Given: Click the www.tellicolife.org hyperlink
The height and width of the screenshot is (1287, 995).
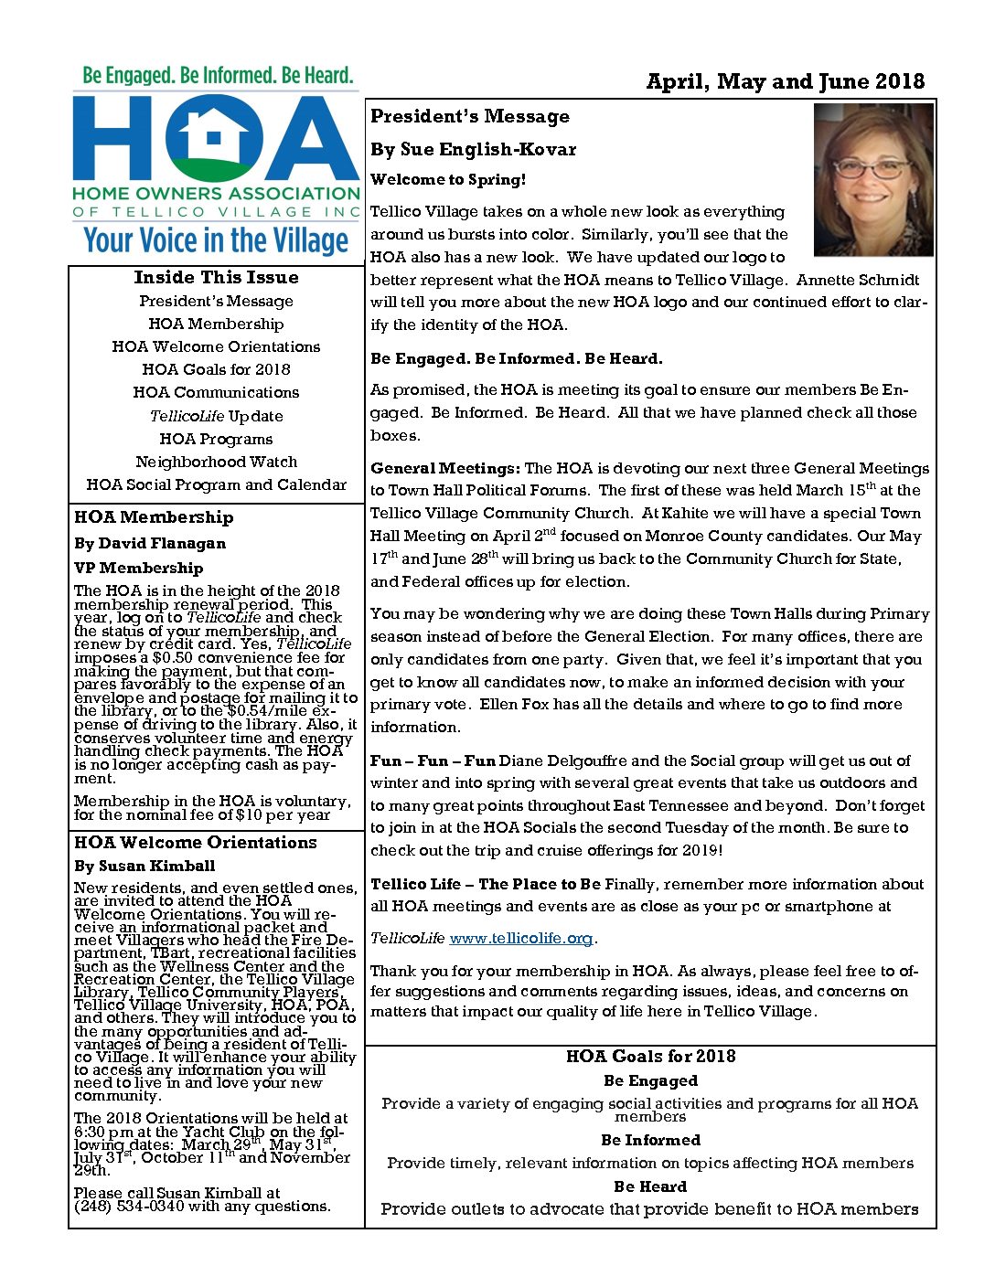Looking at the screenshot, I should coord(521,939).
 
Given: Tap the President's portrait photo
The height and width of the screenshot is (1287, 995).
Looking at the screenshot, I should coord(873,180).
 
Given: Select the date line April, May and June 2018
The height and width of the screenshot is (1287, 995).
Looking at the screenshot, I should coord(785,81).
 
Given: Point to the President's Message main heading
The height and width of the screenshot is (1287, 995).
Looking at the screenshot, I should coord(470,117).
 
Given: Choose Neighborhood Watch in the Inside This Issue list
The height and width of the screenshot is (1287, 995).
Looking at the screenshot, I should coord(217,462).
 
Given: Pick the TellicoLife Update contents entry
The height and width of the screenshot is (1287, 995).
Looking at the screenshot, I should coord(217,416).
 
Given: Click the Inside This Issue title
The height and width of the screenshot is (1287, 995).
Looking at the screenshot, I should coord(217,278).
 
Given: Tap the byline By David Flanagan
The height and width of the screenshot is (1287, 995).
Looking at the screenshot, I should coord(150,543).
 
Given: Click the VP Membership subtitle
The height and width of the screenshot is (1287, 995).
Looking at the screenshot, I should coord(139,568).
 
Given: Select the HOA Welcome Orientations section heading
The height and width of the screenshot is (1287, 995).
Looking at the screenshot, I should coord(196,843).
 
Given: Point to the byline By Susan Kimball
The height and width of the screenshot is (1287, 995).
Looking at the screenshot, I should coord(144,866).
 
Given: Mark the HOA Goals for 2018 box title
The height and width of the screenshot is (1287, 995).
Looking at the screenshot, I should coord(650,1057).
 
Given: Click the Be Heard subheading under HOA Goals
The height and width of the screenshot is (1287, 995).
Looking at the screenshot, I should coord(650,1186).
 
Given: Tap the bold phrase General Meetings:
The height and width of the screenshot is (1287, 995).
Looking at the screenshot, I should coord(445,468).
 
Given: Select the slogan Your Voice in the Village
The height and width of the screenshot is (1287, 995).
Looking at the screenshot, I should coord(217,240).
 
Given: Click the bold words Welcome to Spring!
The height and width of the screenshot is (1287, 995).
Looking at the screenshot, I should coord(448,180).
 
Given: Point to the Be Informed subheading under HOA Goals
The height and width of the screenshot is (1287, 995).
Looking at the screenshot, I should coord(650,1140).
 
